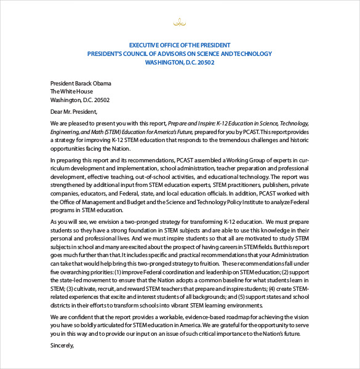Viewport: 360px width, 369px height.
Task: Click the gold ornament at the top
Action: (x=180, y=24)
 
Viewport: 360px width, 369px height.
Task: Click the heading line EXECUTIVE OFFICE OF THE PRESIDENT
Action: (x=180, y=45)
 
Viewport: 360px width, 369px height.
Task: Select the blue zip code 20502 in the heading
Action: (x=204, y=62)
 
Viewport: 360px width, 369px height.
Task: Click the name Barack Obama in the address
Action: (x=95, y=83)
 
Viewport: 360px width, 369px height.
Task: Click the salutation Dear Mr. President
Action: (x=74, y=111)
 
